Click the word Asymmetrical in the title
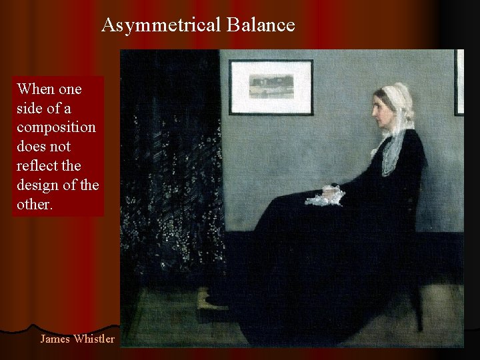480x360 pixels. coord(161,25)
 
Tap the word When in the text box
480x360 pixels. coord(36,89)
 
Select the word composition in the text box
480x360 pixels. coord(57,127)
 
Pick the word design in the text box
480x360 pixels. coord(37,185)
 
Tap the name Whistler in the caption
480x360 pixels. coord(94,339)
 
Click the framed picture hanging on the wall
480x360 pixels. coord(271,87)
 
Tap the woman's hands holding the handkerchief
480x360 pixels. coord(329,195)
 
